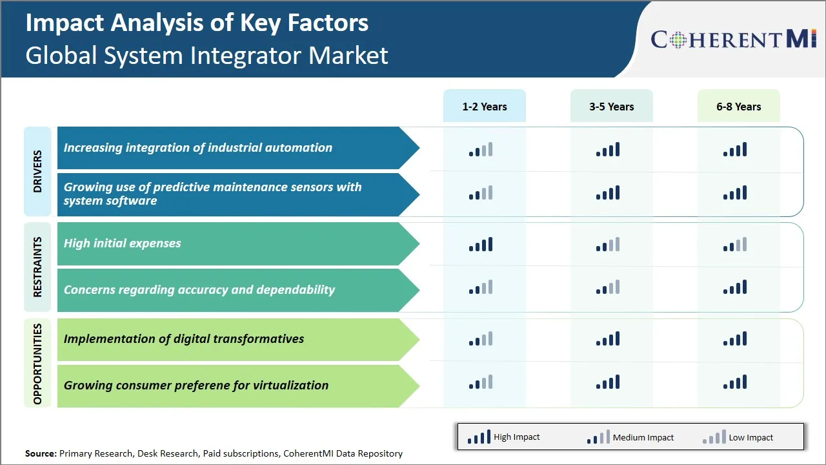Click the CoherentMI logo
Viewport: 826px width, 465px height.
pyautogui.click(x=734, y=39)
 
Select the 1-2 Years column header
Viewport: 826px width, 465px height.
pyautogui.click(x=484, y=107)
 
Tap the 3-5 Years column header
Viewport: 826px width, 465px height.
pyautogui.click(x=611, y=107)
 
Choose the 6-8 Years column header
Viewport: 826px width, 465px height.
pyautogui.click(x=738, y=107)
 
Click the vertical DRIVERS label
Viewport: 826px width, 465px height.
pyautogui.click(x=37, y=171)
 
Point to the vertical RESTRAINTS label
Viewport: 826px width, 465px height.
pyautogui.click(x=37, y=267)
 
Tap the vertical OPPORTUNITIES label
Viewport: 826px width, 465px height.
pyautogui.click(x=37, y=363)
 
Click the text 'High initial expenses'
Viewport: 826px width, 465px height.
pyautogui.click(x=122, y=243)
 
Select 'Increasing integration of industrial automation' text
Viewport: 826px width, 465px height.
pyautogui.click(x=197, y=148)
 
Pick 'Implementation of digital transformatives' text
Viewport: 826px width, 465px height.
pyautogui.click(x=183, y=339)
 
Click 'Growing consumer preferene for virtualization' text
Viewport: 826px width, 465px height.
pyautogui.click(x=196, y=386)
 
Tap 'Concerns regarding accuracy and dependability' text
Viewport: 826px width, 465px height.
pyautogui.click(x=199, y=290)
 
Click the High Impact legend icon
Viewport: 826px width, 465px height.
pyautogui.click(x=478, y=438)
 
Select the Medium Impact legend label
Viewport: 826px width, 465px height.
pyautogui.click(x=643, y=438)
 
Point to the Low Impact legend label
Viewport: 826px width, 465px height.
pyautogui.click(x=750, y=438)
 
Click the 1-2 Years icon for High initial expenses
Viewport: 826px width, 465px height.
pyautogui.click(x=481, y=245)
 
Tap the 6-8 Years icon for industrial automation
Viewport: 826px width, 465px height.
pyautogui.click(x=735, y=150)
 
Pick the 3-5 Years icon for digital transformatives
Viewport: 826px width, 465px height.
pyautogui.click(x=608, y=339)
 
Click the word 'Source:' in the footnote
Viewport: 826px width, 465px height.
pyautogui.click(x=41, y=453)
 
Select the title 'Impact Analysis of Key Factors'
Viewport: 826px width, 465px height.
pyautogui.click(x=197, y=23)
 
